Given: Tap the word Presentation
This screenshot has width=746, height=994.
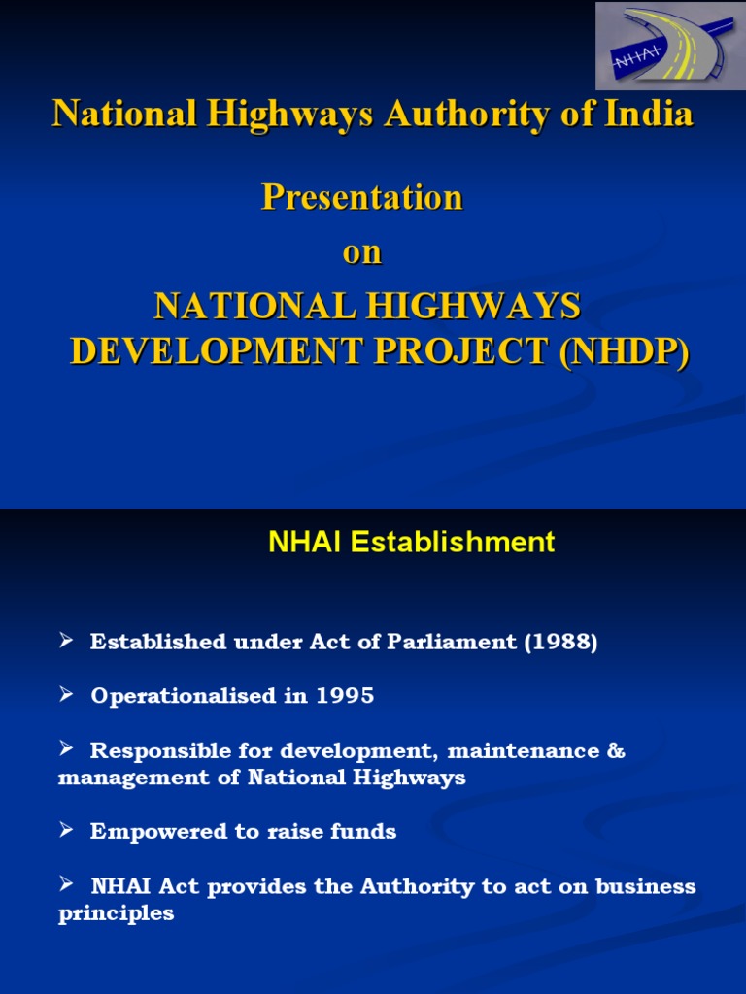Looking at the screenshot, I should tap(362, 198).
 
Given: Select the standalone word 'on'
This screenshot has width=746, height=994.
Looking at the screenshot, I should tap(362, 252).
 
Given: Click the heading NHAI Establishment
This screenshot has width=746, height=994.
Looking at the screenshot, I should tap(411, 542).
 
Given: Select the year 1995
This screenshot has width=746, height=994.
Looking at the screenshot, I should tap(343, 697).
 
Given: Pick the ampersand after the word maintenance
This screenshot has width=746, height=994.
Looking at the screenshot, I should tap(616, 751).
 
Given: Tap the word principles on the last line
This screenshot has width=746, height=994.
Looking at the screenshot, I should tap(116, 913).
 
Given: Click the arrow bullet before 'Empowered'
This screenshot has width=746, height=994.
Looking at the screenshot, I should tap(66, 830).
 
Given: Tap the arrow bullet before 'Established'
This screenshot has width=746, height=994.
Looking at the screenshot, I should tap(66, 641).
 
